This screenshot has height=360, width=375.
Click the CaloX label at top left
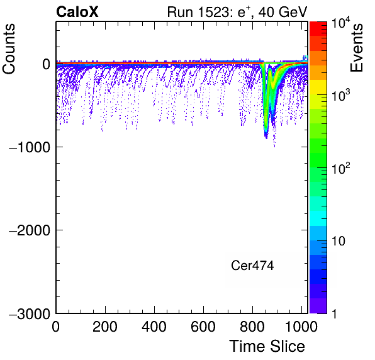click(x=77, y=12)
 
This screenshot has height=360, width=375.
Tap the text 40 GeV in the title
click(x=283, y=12)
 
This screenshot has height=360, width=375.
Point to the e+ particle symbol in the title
click(x=244, y=12)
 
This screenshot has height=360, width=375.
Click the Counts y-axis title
click(x=9, y=48)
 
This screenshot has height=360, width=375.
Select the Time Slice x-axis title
click(x=267, y=346)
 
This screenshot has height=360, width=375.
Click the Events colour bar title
click(x=356, y=48)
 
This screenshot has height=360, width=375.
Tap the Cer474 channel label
click(x=252, y=266)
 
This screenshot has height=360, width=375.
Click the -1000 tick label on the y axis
click(x=30, y=147)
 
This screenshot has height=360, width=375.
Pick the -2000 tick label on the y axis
click(x=30, y=230)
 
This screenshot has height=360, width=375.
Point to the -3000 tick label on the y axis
click(x=30, y=313)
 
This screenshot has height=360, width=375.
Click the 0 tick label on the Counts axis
click(x=46, y=64)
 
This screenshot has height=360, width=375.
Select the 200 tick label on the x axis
click(x=105, y=327)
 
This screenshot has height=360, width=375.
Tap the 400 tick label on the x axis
click(x=154, y=327)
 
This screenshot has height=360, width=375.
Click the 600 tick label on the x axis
click(x=203, y=327)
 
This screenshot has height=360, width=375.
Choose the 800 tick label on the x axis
click(x=252, y=327)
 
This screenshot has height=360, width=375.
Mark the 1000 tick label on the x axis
click(x=301, y=327)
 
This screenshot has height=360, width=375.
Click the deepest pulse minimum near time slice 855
click(x=266, y=137)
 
